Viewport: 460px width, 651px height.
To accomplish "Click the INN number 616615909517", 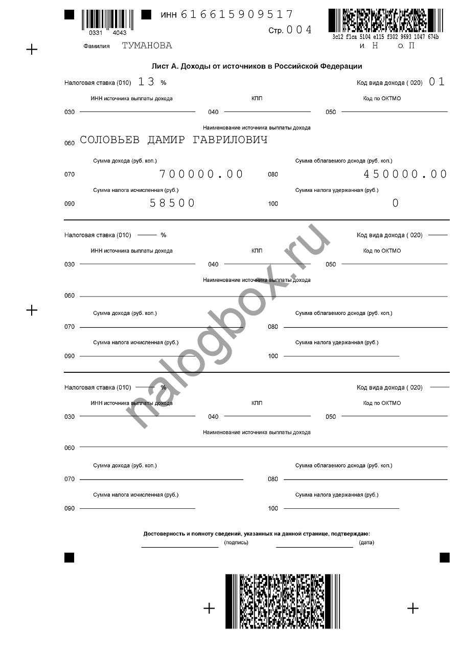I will [237, 14].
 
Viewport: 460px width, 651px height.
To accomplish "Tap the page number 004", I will [299, 30].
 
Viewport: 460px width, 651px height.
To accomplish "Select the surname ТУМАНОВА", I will [147, 46].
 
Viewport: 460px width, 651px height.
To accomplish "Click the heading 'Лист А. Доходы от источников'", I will [257, 66].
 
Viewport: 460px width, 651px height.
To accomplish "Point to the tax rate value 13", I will [146, 82].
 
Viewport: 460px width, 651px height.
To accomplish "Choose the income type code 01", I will [437, 82].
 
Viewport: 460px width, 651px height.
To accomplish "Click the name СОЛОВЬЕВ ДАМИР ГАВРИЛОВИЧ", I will [174, 140].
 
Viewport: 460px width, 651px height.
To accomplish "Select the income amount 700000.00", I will [201, 174].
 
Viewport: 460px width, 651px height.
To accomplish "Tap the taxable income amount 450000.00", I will [405, 174].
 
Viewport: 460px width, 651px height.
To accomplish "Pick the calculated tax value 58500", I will [172, 204].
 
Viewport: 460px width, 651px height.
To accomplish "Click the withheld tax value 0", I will [395, 204].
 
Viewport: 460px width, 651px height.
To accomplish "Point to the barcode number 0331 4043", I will [107, 33].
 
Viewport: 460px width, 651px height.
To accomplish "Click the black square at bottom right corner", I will [445, 557].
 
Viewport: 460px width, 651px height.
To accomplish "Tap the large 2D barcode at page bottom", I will [282, 601].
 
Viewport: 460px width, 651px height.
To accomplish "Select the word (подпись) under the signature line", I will [236, 543].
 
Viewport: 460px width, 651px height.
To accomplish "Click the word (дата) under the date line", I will [366, 543].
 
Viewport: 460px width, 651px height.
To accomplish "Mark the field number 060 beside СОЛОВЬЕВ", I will [70, 143].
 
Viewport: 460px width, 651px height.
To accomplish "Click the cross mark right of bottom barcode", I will [412, 608].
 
